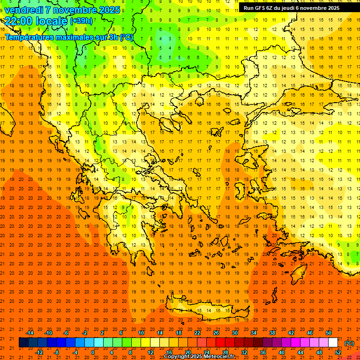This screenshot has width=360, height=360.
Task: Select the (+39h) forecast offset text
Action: (81, 21)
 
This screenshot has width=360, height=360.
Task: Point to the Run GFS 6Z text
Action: (262, 8)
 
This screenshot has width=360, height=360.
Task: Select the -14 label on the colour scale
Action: (30, 332)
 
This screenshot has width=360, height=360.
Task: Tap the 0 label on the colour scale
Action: (92, 352)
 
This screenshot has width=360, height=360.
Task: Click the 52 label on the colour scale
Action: (337, 352)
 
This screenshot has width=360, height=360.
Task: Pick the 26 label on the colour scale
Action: (216, 332)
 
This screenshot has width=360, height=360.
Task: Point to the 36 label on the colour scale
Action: (262, 352)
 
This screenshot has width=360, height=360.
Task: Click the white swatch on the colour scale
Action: (333, 343)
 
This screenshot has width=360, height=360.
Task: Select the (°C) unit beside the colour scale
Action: (349, 343)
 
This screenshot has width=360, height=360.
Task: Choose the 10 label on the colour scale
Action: (141, 332)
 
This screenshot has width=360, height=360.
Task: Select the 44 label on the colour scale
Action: (300, 352)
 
